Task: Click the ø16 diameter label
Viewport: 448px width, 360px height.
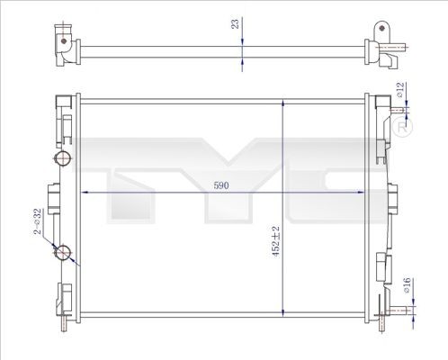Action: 406,286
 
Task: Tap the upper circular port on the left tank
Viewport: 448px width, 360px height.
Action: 62,160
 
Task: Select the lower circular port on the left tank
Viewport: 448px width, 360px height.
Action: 62,253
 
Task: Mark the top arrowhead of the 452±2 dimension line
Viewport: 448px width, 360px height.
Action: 285,99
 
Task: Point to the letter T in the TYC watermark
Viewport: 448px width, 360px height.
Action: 116,171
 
